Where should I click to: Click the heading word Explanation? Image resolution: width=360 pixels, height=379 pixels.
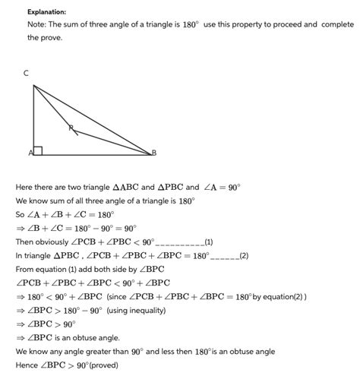point(46,12)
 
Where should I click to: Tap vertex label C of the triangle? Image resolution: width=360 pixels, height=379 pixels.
point(27,73)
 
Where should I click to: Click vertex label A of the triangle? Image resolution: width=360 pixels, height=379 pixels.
point(30,153)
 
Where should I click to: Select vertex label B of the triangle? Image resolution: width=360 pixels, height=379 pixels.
point(153,153)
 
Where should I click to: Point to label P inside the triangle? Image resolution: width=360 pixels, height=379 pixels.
point(71,128)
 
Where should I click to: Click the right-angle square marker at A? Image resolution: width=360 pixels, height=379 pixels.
point(38,150)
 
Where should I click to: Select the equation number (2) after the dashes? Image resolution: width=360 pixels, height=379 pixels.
point(243,255)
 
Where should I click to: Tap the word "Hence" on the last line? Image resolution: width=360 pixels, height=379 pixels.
point(27,365)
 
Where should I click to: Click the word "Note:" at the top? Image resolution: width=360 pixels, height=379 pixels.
point(38,24)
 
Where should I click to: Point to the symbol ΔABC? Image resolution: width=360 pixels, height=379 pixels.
point(127,187)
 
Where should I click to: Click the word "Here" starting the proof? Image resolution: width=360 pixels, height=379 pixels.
point(25,187)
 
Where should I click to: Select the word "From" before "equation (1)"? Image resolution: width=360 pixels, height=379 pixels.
point(26,269)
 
